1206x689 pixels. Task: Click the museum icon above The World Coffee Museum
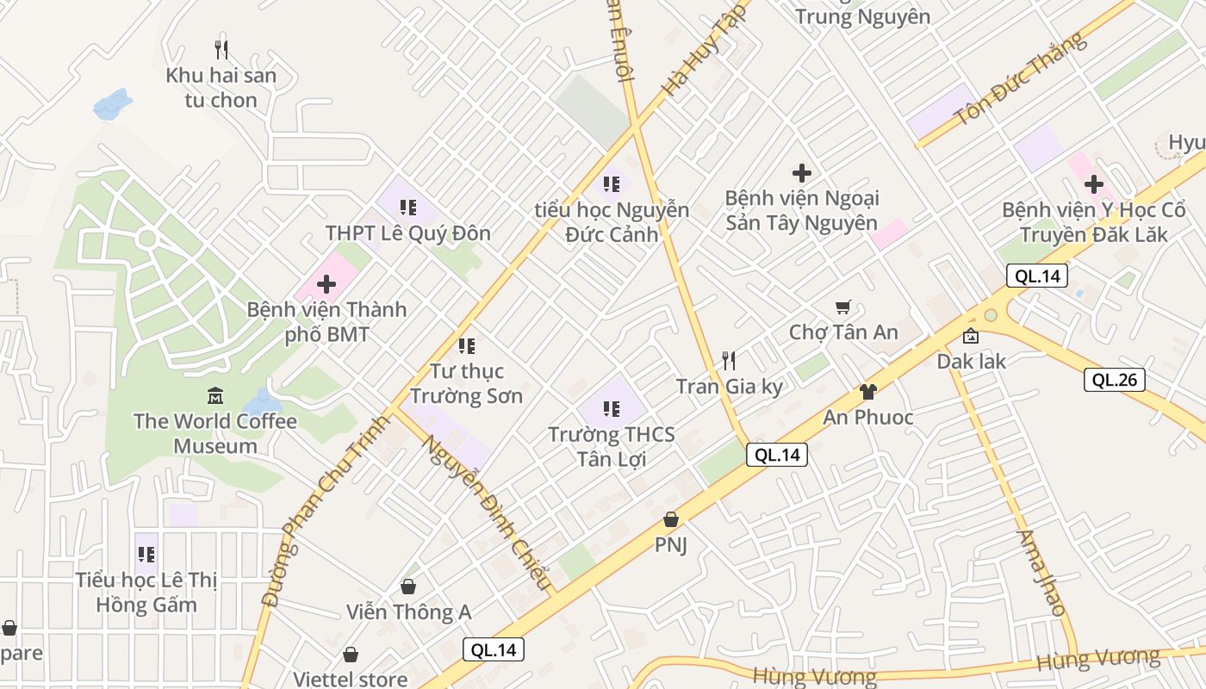click(x=215, y=396)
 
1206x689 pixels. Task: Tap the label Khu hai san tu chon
click(x=221, y=88)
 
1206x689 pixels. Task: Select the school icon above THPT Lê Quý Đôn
click(x=408, y=207)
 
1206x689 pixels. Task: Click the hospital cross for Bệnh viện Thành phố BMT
click(x=326, y=283)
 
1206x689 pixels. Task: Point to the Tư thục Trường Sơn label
click(x=466, y=383)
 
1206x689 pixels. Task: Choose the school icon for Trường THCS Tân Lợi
click(x=612, y=408)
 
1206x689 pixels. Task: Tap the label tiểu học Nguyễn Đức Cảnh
click(x=612, y=222)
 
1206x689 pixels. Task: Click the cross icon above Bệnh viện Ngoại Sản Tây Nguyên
click(x=802, y=173)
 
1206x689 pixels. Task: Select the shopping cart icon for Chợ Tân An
click(x=843, y=307)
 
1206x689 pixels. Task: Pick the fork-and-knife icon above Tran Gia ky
click(x=729, y=360)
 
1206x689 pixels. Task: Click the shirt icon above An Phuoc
click(x=867, y=392)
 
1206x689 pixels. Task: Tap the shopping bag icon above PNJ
click(x=671, y=519)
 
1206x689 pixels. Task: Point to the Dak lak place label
click(x=972, y=361)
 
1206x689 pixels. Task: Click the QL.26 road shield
click(x=1114, y=380)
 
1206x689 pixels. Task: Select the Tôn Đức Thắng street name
click(x=1020, y=79)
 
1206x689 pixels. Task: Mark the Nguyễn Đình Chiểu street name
click(x=486, y=512)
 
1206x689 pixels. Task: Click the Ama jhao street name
click(x=1041, y=572)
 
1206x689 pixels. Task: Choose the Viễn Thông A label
click(x=409, y=612)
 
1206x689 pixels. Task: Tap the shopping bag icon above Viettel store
click(x=351, y=655)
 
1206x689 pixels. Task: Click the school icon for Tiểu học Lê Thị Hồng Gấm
click(x=146, y=554)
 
